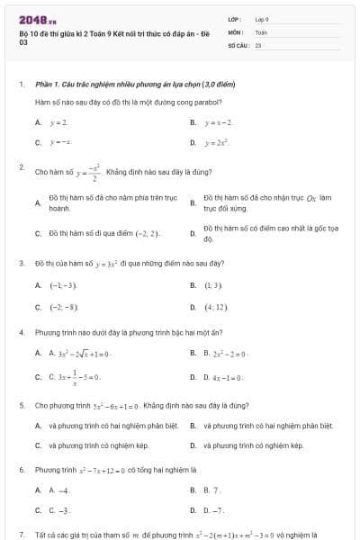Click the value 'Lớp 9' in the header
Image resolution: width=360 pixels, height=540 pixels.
coord(262,18)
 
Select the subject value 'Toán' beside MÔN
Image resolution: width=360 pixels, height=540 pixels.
coord(261,31)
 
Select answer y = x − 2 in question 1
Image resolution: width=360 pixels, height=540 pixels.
coord(219,121)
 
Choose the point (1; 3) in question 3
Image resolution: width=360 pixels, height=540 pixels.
coord(212,284)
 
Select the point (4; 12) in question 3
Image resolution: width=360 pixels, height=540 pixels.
coord(215,307)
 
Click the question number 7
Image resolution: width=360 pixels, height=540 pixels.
coord(22,534)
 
